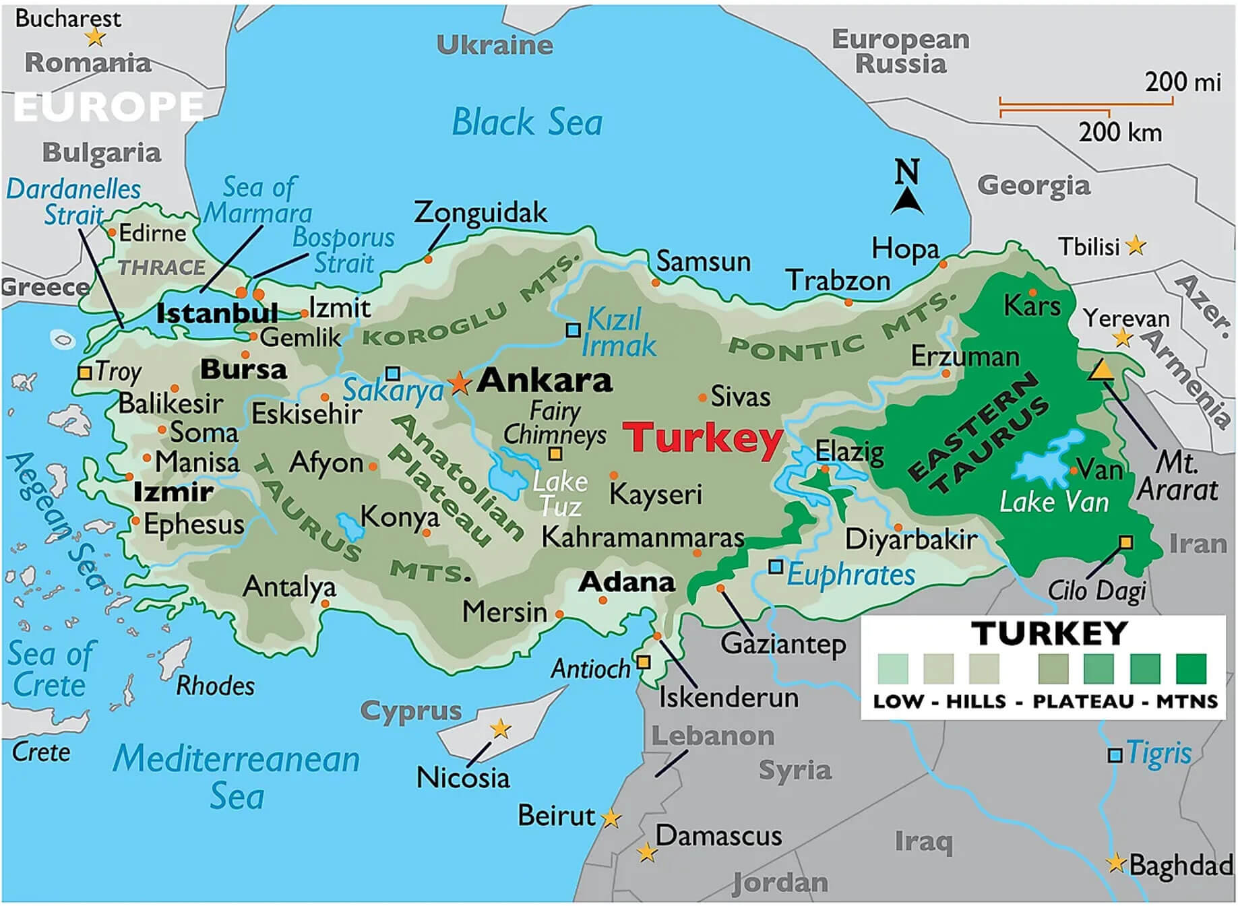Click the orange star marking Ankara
tap(460, 382)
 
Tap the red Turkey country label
tap(702, 438)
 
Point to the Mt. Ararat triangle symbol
tap(1101, 370)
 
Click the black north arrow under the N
tap(907, 201)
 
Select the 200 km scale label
tap(1119, 132)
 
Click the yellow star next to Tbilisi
tap(1136, 245)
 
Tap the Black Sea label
tap(527, 123)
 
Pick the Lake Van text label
tap(1053, 503)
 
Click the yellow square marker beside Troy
tap(85, 373)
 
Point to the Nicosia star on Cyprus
tap(500, 728)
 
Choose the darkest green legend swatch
tap(1191, 669)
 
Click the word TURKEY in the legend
tap(1049, 634)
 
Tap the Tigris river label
tap(1158, 753)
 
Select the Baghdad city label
tap(1181, 865)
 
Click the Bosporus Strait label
tap(344, 250)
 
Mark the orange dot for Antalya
tap(326, 604)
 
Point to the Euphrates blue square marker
tap(776, 567)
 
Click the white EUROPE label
tap(108, 106)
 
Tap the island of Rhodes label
tap(216, 686)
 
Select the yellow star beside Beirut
tap(611, 818)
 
